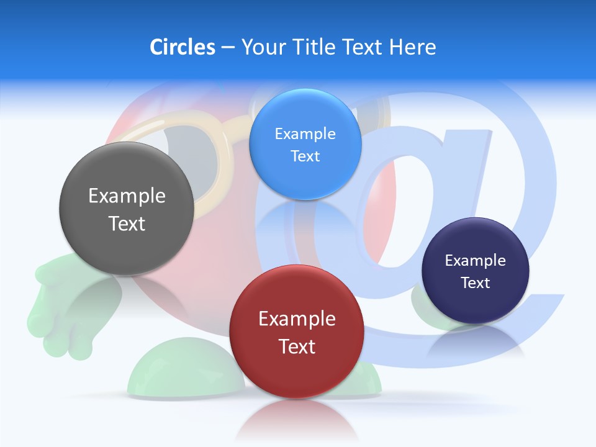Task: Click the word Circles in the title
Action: click(x=183, y=47)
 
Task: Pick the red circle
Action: click(x=297, y=372)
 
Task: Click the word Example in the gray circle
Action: click(x=127, y=196)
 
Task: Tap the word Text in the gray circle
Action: click(x=127, y=223)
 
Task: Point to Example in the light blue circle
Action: click(x=305, y=133)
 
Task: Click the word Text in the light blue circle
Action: click(x=305, y=156)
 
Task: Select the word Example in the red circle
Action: click(x=297, y=319)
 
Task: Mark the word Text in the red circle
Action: click(x=297, y=346)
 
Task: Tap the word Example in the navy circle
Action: click(x=476, y=261)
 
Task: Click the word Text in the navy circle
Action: click(x=476, y=283)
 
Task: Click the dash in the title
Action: click(x=228, y=48)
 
